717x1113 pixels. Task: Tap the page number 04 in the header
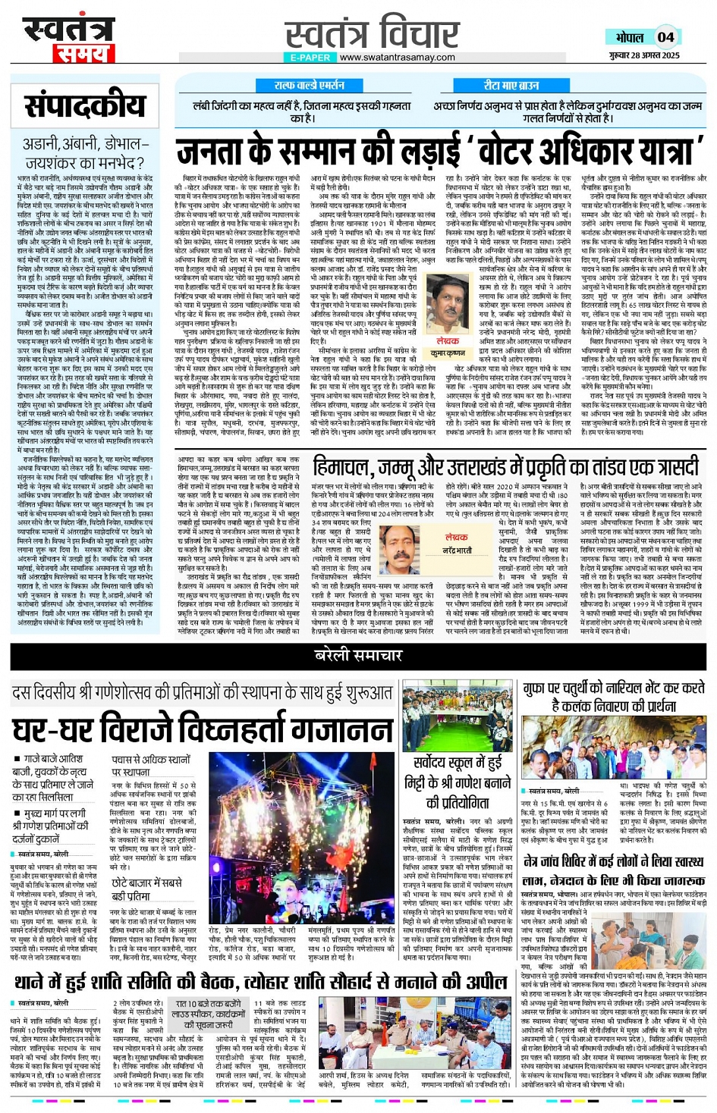(x=665, y=37)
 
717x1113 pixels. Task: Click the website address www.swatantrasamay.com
(x=397, y=57)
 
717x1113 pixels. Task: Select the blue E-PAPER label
(x=310, y=57)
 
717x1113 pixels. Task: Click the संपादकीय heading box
(x=84, y=105)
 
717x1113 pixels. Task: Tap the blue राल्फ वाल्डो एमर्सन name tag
(x=309, y=86)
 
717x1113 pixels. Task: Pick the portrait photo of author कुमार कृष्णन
(x=448, y=305)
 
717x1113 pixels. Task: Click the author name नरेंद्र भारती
(x=457, y=550)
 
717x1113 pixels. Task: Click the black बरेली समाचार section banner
(x=359, y=655)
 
